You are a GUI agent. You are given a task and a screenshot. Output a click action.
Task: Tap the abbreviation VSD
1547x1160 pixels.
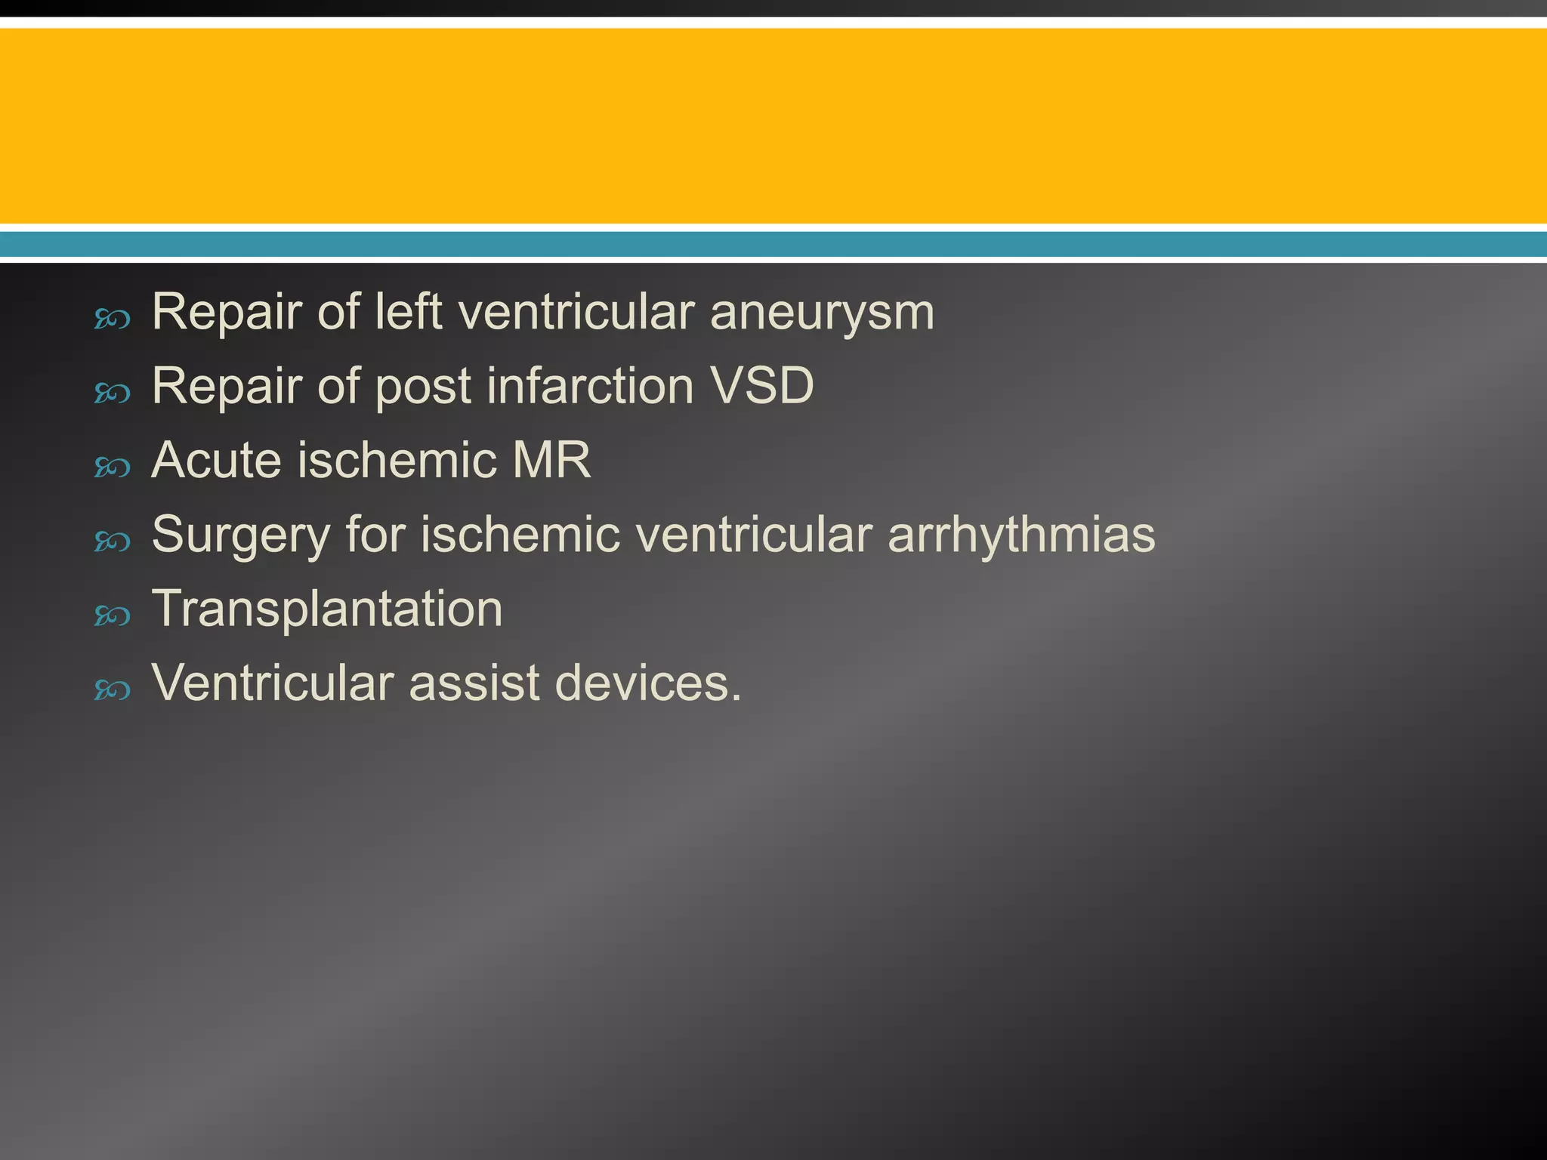[763, 386]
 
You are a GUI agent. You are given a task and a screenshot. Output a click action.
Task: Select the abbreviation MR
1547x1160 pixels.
[551, 460]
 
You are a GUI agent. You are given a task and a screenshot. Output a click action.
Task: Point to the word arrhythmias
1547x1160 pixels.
[1021, 535]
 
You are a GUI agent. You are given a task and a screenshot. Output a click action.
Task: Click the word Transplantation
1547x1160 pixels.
[327, 609]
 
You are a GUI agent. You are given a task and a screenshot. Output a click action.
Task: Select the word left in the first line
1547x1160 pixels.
[408, 313]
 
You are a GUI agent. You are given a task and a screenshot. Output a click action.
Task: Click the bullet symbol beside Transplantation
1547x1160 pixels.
[113, 616]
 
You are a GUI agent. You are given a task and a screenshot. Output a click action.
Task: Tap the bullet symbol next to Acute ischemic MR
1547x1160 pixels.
[113, 467]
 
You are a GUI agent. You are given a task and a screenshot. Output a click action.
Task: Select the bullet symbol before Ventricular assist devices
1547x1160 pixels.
[113, 690]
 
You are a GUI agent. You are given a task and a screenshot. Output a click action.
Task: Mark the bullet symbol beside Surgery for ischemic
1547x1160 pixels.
[113, 541]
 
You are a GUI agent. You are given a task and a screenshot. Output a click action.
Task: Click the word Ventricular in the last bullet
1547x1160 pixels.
[273, 683]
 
